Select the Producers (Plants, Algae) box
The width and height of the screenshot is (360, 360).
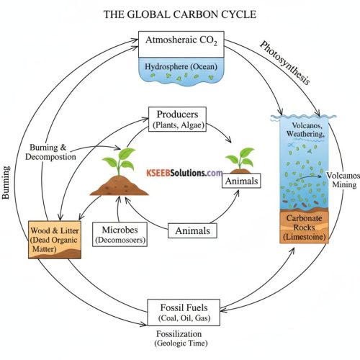[x=179, y=119]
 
